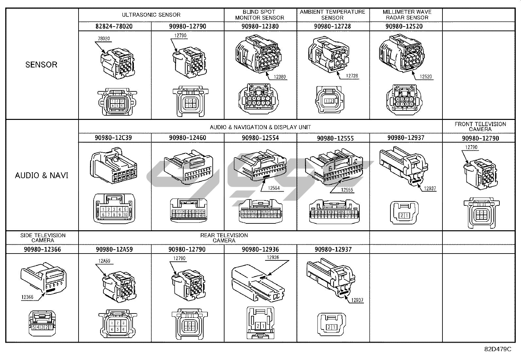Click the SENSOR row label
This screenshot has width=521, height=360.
[41, 65]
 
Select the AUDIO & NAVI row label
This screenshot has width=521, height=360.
[42, 175]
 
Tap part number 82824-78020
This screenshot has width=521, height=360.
[114, 26]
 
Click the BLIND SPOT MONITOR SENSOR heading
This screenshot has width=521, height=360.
[260, 15]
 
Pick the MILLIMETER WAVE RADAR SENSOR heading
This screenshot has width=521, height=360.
[407, 15]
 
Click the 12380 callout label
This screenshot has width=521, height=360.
[280, 77]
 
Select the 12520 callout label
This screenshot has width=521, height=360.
[426, 77]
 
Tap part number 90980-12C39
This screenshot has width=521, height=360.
[113, 138]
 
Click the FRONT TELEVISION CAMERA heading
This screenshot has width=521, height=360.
[480, 126]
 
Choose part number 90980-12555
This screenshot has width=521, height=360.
[335, 138]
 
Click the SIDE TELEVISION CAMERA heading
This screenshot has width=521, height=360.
[43, 238]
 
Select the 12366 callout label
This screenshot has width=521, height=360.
[27, 297]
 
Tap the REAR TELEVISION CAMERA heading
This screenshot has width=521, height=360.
[224, 238]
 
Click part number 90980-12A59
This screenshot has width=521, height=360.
[114, 249]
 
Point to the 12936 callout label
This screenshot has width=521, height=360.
[273, 257]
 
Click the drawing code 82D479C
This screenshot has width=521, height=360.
[497, 349]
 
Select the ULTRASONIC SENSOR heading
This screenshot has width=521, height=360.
[151, 15]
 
